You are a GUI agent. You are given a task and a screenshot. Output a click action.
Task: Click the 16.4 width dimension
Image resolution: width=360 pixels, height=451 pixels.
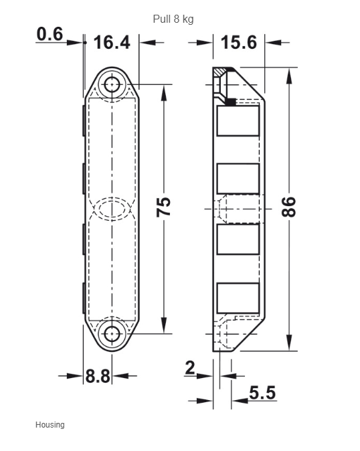[112, 42]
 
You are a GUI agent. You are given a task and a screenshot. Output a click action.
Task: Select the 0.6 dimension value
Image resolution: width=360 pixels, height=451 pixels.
[50, 34]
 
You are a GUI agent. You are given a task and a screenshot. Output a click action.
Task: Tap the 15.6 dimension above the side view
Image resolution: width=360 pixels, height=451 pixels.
[239, 43]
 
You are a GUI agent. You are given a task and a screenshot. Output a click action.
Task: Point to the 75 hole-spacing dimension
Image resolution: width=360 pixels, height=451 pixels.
[164, 207]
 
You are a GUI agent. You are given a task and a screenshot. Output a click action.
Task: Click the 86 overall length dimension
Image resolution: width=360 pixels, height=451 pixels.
[288, 207]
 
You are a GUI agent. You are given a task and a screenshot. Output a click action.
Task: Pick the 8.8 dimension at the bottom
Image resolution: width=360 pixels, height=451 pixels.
[98, 375]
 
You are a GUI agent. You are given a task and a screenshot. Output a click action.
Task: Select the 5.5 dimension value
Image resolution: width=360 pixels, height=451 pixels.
[262, 393]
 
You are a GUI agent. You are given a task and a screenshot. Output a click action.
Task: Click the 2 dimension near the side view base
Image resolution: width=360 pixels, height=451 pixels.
[190, 368]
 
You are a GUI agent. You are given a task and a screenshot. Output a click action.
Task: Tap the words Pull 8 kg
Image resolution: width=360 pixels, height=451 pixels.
[173, 19]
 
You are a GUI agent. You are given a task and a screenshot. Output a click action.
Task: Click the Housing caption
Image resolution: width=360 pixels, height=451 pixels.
[50, 425]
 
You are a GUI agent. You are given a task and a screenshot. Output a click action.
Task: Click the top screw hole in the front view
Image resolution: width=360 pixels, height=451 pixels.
[112, 84]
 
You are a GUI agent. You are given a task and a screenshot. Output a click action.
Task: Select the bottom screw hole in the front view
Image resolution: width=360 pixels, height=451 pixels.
[112, 334]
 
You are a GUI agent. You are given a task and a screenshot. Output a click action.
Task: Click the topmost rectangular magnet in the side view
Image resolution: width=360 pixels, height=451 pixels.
[238, 121]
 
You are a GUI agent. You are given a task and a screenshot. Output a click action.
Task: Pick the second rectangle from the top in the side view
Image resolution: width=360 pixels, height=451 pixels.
[238, 179]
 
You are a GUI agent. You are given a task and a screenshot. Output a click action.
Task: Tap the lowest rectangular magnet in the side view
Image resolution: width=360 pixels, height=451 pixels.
[238, 298]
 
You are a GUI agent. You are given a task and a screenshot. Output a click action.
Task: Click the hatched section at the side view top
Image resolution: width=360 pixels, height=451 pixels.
[221, 72]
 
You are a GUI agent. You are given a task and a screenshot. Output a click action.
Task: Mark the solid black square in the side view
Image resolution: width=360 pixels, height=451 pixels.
[231, 102]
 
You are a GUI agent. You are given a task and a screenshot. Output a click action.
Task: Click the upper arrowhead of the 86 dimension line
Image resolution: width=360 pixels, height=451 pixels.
[289, 76]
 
